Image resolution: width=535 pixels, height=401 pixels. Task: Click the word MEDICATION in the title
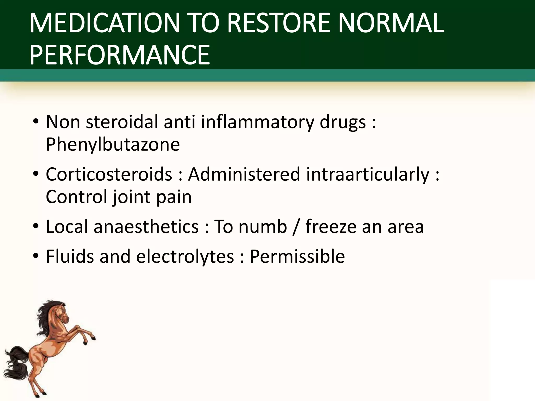click(x=104, y=24)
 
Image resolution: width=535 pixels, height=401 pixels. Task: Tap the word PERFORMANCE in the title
click(x=120, y=55)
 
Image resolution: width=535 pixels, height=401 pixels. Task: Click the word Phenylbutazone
click(x=113, y=144)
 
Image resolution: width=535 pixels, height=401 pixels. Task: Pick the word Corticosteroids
click(x=109, y=174)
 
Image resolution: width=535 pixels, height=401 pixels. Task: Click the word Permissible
click(x=297, y=256)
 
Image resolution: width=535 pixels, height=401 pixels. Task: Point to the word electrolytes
click(x=185, y=256)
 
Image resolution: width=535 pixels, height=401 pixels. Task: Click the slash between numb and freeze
click(x=296, y=226)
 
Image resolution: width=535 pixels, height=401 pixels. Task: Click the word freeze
click(x=330, y=226)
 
